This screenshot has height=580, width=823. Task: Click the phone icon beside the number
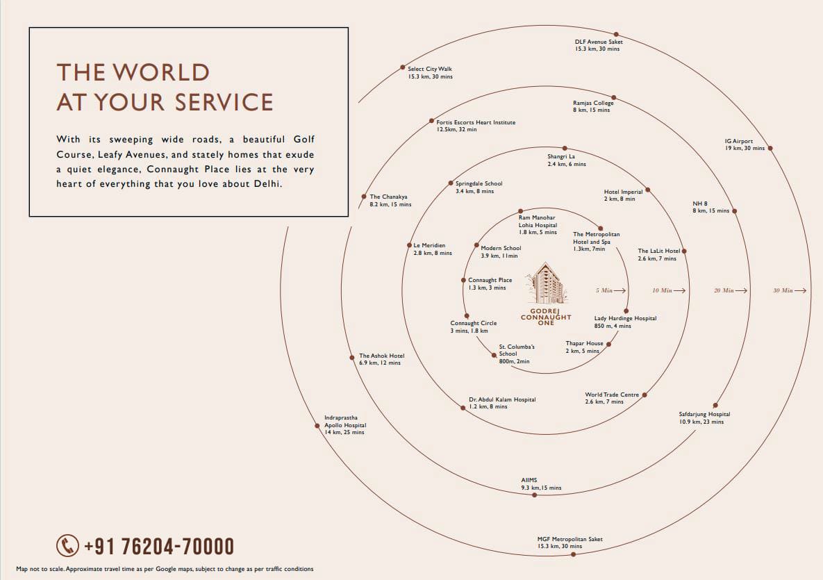coord(67,546)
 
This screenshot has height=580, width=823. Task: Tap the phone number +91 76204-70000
coord(159,547)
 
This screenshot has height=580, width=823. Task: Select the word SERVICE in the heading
coord(224,102)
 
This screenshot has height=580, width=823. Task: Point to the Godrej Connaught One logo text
coord(546,317)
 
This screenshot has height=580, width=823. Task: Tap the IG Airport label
coord(745,144)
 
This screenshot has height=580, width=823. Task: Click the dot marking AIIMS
coord(534,495)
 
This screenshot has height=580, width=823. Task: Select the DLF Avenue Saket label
coord(599,45)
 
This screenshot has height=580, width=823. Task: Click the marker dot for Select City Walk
coord(403,67)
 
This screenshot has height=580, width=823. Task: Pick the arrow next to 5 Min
coord(620,290)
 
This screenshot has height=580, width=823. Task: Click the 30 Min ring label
coord(783,290)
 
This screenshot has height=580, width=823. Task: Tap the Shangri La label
coord(566,160)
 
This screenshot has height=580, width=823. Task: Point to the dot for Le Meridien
coord(409,245)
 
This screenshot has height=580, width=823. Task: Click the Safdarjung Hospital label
coord(704,418)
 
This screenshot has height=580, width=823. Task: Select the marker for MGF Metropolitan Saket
coord(573,554)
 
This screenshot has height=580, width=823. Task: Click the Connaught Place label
coord(490,284)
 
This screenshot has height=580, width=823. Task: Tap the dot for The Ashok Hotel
coord(352,358)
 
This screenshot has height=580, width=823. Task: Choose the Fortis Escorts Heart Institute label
coord(476,126)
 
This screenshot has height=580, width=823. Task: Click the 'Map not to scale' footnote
coord(165,569)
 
